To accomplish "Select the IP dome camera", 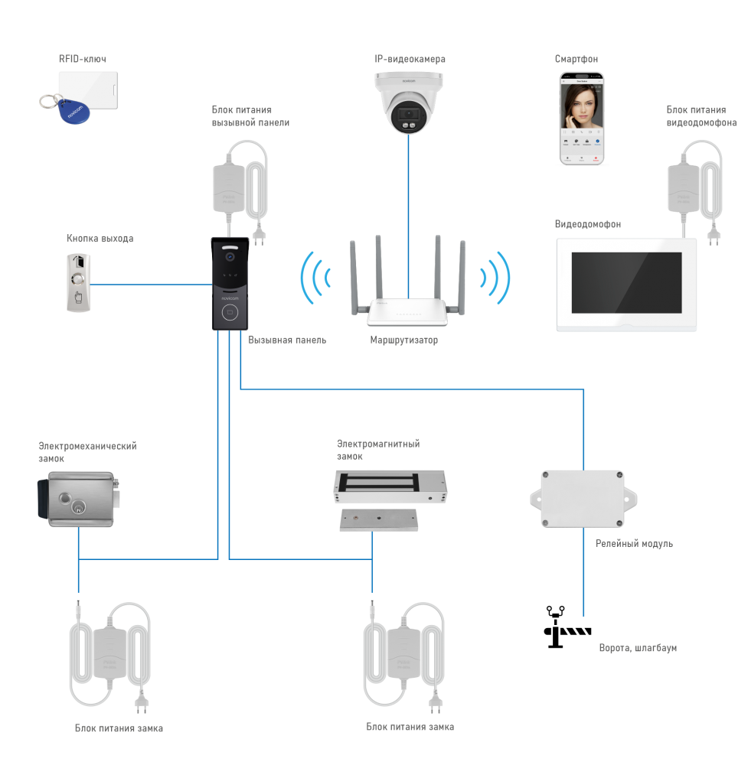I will pyautogui.click(x=408, y=103).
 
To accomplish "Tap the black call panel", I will pyautogui.click(x=229, y=283).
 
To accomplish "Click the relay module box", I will pyautogui.click(x=583, y=498).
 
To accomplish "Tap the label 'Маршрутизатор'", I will pyautogui.click(x=404, y=340).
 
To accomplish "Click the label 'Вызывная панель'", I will pyautogui.click(x=287, y=340).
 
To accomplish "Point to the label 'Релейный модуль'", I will pyautogui.click(x=634, y=543).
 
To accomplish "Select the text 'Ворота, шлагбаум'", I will pyautogui.click(x=638, y=648).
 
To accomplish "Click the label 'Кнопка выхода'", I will pyautogui.click(x=100, y=239).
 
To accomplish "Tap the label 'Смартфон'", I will pyautogui.click(x=577, y=59).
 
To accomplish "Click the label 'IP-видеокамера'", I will pyautogui.click(x=410, y=59).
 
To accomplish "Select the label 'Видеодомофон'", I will pyautogui.click(x=587, y=225).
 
